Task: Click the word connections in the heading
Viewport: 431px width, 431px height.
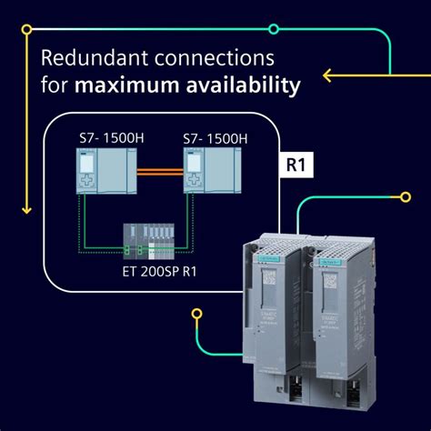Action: tap(215, 59)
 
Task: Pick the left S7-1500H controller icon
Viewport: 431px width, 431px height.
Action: tap(99, 171)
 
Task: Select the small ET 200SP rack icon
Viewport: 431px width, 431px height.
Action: tap(151, 238)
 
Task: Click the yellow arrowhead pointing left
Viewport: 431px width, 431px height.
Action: tap(328, 74)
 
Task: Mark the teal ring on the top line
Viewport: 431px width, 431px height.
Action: tap(274, 29)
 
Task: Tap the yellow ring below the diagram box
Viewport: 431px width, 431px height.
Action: tap(196, 314)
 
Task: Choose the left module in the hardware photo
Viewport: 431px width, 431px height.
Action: tap(277, 309)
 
